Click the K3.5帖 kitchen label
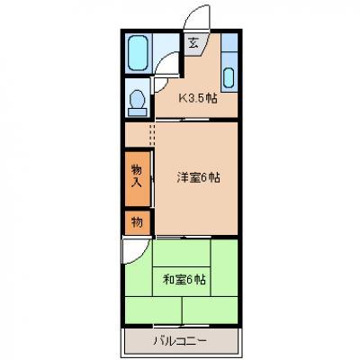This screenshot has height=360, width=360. tap(198, 98)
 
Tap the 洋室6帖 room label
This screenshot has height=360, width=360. tap(198, 177)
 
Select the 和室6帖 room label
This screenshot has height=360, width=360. tap(184, 280)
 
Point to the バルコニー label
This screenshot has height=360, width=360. tap(180, 341)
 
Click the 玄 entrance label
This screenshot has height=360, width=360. tap(193, 44)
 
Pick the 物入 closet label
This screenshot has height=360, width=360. tap(137, 176)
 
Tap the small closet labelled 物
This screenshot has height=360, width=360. tap(137, 222)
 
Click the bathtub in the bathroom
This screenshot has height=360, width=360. tap(138, 53)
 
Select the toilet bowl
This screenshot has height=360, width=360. tap(138, 98)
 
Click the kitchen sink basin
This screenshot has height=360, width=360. tap(229, 77)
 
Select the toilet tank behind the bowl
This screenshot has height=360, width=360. tap(138, 112)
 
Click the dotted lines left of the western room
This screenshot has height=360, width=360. tap(152, 134)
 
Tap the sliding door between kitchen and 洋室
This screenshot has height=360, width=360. tap(182, 120)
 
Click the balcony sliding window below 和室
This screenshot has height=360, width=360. tap(182, 325)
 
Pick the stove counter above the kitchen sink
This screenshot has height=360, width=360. tap(229, 42)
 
